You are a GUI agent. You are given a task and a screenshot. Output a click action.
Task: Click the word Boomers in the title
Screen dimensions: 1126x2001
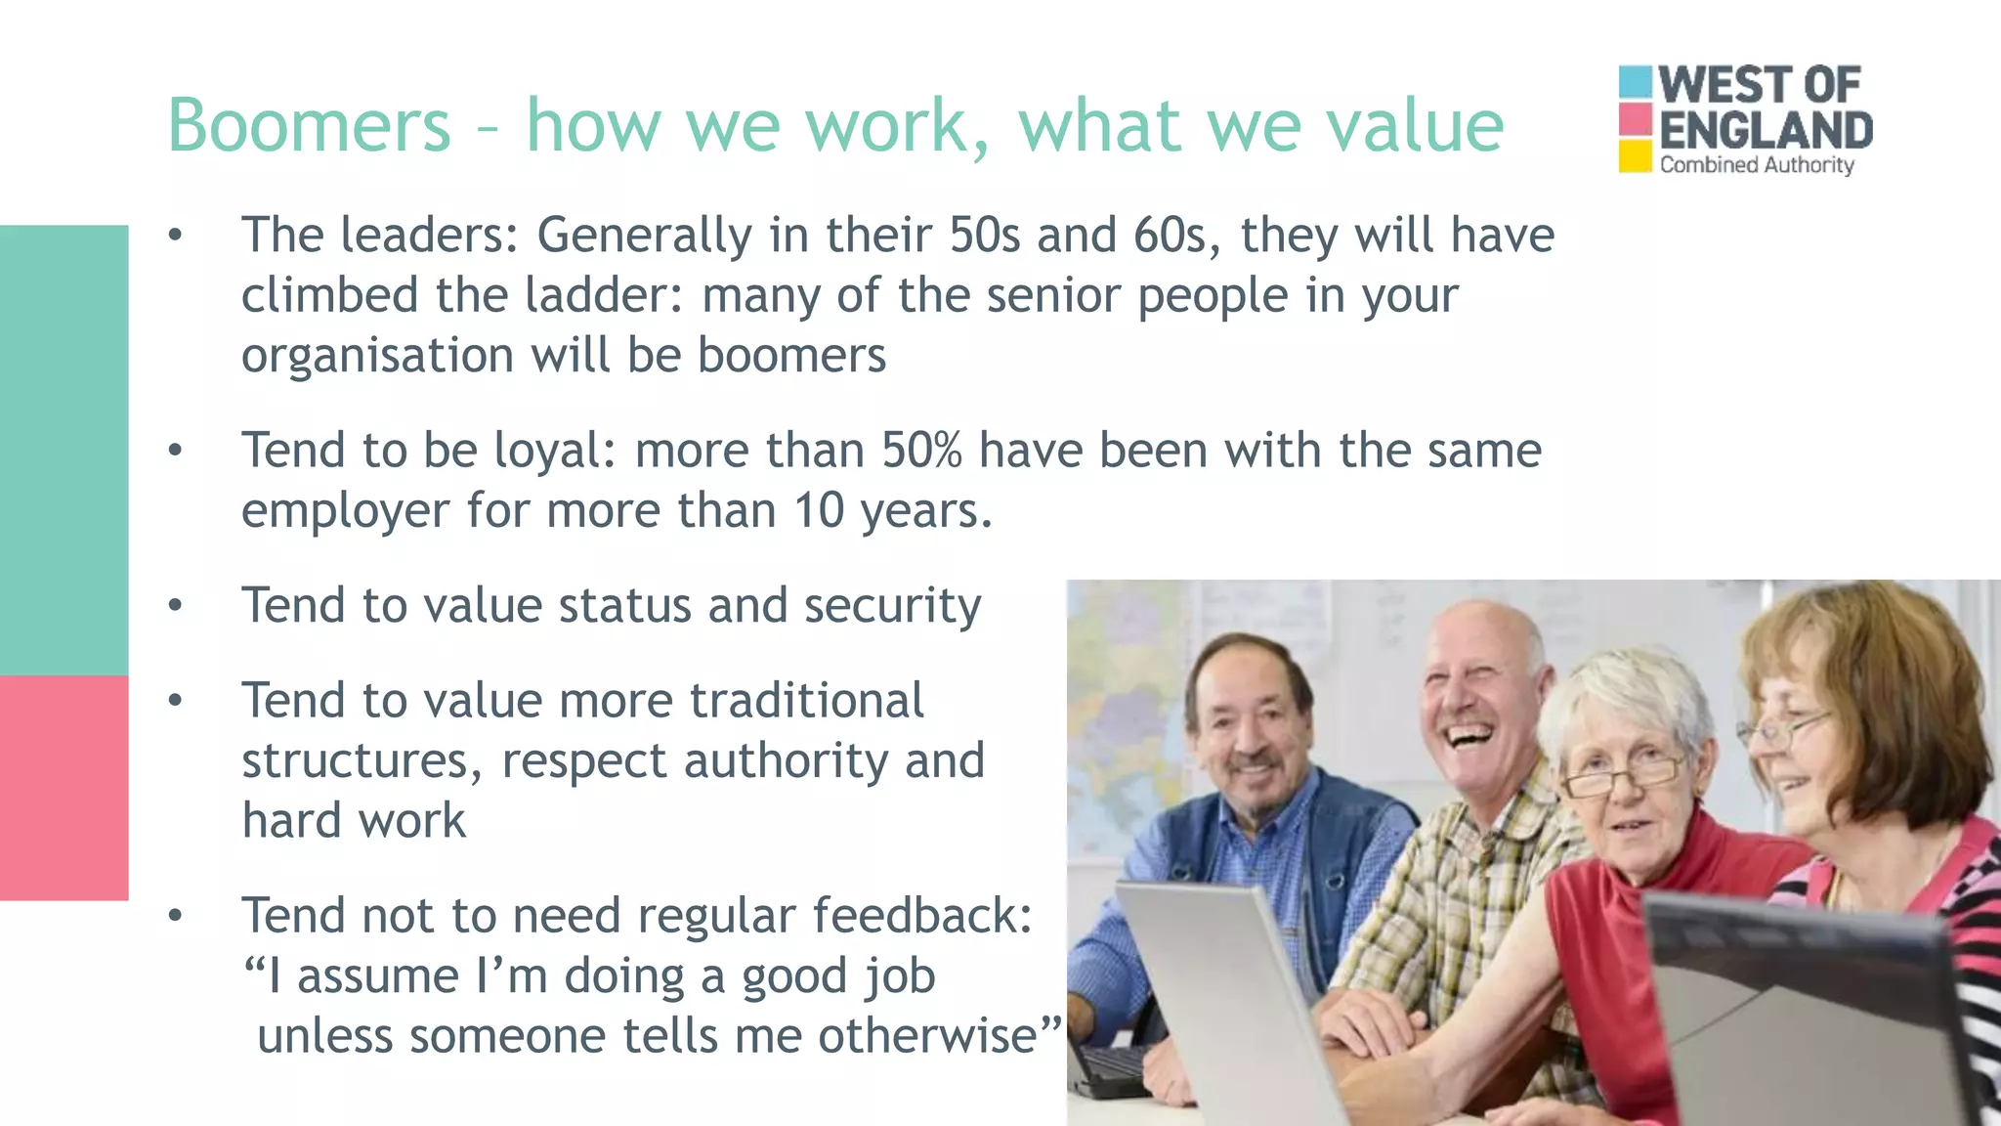pos(309,125)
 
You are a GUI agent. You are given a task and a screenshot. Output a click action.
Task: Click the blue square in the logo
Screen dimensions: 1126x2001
pos(1635,82)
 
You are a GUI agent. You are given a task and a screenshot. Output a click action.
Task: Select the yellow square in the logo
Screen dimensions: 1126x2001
pos(1635,156)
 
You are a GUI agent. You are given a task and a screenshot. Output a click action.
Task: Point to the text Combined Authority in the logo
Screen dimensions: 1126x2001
pos(1756,165)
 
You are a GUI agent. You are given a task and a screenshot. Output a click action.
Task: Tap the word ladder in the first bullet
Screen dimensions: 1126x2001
pos(604,295)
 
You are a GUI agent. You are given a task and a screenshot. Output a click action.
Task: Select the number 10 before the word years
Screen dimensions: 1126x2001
pos(818,510)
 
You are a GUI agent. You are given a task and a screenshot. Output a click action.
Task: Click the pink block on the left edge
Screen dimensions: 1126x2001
pos(64,787)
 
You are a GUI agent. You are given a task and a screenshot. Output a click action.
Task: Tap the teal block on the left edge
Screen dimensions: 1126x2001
pos(64,450)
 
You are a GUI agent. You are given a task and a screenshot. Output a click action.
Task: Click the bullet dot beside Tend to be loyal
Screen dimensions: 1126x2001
pos(175,451)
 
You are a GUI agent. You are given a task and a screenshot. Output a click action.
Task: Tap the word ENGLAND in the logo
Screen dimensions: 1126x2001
pos(1765,131)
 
